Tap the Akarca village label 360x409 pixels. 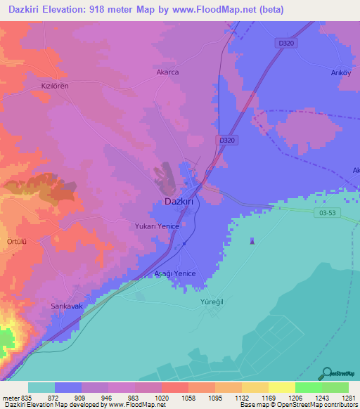pyautogui.click(x=167, y=72)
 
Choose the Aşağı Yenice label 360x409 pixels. pyautogui.click(x=174, y=273)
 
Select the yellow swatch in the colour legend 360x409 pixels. pyautogui.click(x=281, y=387)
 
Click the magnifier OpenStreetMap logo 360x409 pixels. pyautogui.click(x=327, y=373)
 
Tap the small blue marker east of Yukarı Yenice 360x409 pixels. pyautogui.click(x=252, y=242)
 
